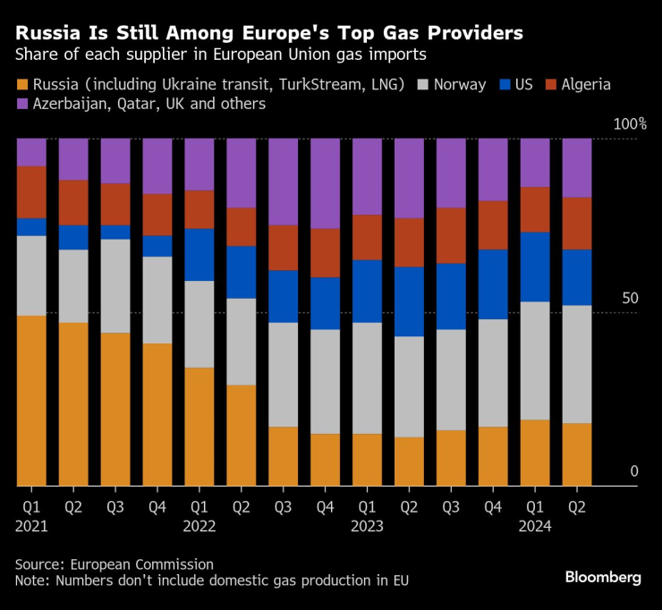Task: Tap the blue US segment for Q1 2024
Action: pyautogui.click(x=534, y=267)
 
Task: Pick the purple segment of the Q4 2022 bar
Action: pyautogui.click(x=325, y=183)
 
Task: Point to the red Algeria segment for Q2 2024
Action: pyautogui.click(x=576, y=223)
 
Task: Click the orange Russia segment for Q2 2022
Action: pyautogui.click(x=241, y=435)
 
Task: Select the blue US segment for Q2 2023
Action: pyautogui.click(x=409, y=301)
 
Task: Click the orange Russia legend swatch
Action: pyautogui.click(x=21, y=86)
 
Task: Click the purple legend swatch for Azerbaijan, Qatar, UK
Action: pyautogui.click(x=21, y=105)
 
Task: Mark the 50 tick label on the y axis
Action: pyautogui.click(x=630, y=297)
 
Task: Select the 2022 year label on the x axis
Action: pyautogui.click(x=199, y=527)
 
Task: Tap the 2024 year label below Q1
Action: pyautogui.click(x=534, y=527)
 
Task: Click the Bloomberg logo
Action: pyautogui.click(x=602, y=577)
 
